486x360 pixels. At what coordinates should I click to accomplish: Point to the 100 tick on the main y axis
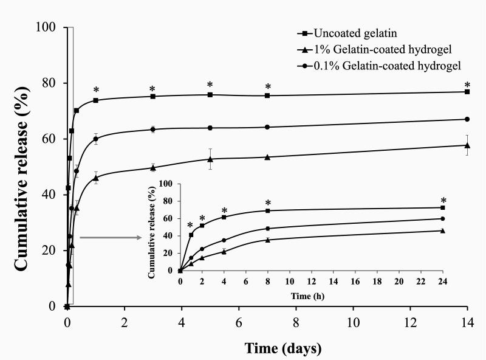(x=48, y=27)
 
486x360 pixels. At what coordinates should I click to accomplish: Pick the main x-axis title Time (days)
(x=282, y=348)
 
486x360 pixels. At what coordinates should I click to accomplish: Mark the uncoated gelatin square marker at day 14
(x=467, y=92)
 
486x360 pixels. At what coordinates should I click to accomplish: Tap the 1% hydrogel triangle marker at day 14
(x=467, y=145)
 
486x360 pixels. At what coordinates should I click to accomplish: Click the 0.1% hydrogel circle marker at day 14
(x=467, y=119)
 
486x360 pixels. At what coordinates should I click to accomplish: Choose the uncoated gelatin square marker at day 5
(x=210, y=95)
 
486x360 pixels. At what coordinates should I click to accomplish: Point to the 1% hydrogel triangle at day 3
(x=153, y=167)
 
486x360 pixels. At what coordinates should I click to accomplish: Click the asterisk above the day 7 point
(x=267, y=86)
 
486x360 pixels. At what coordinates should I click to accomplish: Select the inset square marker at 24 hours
(x=443, y=207)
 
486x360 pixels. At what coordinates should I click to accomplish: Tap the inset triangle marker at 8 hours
(x=268, y=240)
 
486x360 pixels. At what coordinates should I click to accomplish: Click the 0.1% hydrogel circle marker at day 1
(x=96, y=139)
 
